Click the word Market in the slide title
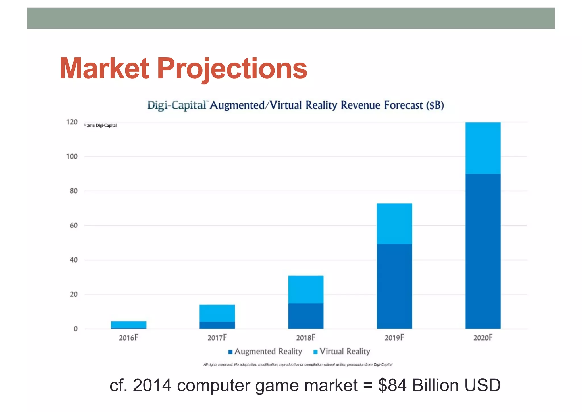tap(104, 68)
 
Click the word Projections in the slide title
tap(232, 69)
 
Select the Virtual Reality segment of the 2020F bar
tap(483, 148)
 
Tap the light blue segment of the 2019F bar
tap(394, 224)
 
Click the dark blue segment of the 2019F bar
tap(394, 286)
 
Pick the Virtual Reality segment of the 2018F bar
tap(305, 289)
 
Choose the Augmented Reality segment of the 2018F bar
tap(305, 316)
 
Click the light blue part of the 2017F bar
tap(217, 313)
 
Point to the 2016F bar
tap(128, 325)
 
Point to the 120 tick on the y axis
tap(72, 122)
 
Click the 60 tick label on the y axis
tap(74, 226)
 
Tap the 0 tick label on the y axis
tap(76, 329)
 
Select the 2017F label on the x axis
tap(217, 338)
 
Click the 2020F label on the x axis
tap(483, 338)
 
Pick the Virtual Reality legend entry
tap(342, 352)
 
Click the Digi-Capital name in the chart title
tap(177, 105)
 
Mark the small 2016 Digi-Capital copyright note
tap(100, 126)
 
